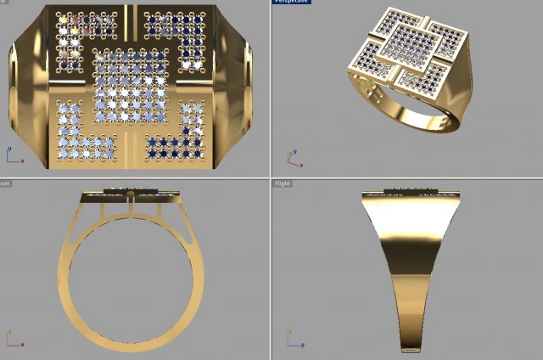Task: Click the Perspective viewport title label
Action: pos(292,2)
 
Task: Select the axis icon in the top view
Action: pos(14,156)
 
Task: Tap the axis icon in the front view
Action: pos(14,340)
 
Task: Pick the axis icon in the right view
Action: pos(293,340)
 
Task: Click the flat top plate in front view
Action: pos(131,196)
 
